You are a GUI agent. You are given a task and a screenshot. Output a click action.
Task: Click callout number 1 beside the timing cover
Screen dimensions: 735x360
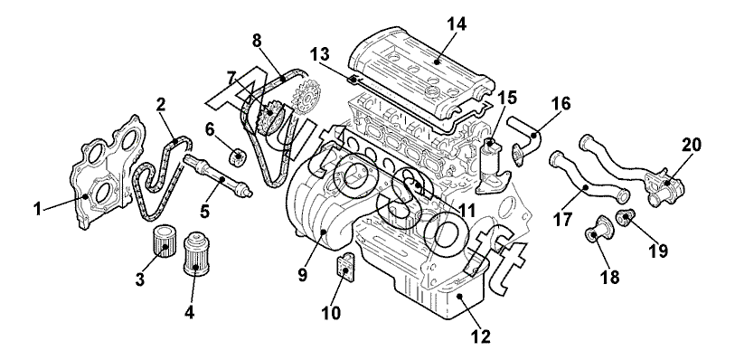[x=37, y=209]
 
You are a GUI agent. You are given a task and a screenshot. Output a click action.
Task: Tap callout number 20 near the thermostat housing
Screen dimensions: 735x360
[x=691, y=146]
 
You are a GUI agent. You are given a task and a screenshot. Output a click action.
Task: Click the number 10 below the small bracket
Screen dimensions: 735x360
[x=332, y=313]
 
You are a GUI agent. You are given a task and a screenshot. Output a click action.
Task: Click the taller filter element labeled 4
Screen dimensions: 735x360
[x=195, y=253]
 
